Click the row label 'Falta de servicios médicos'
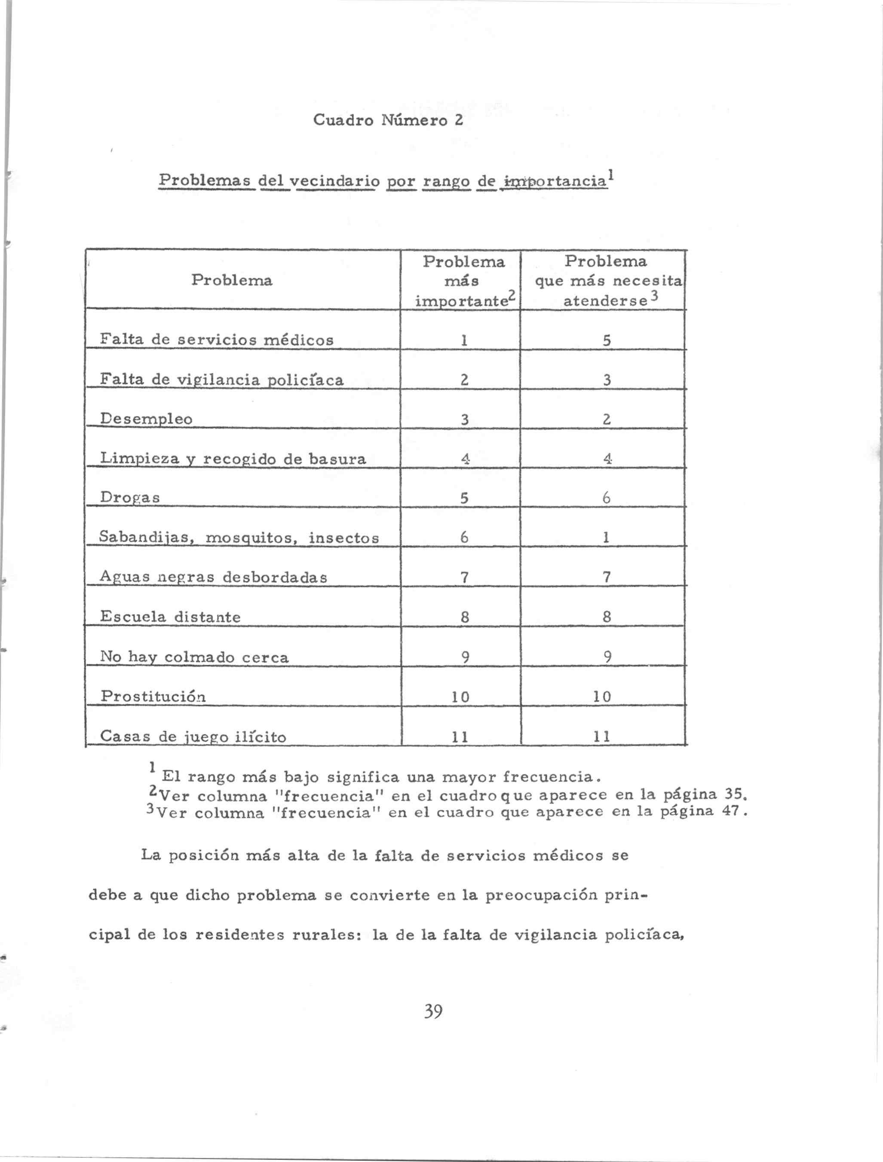click(217, 340)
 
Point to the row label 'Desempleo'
click(146, 419)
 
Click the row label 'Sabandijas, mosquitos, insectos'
click(239, 538)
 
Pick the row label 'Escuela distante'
click(170, 616)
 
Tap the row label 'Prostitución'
click(153, 696)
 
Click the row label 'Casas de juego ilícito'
click(193, 737)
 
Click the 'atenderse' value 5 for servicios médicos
click(607, 341)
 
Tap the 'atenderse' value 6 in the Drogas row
click(606, 498)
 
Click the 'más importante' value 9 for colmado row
click(465, 657)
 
